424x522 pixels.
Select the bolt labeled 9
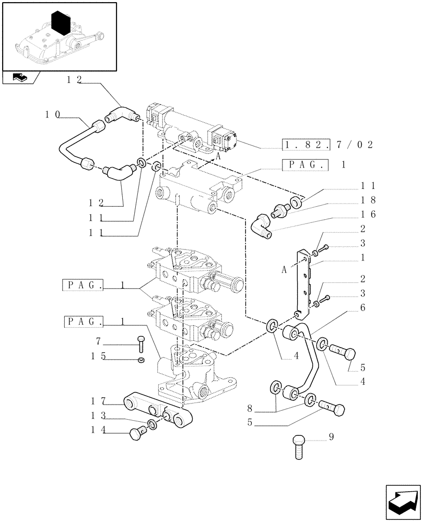[x=300, y=446]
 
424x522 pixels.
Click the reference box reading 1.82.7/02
[x=327, y=145]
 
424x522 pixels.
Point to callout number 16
[x=368, y=214]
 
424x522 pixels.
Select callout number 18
[x=368, y=200]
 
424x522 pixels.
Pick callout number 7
[x=98, y=342]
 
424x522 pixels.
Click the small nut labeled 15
[x=140, y=360]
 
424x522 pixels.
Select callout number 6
[x=362, y=308]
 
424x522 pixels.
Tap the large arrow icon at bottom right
[x=402, y=503]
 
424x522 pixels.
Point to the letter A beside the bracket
[x=284, y=270]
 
